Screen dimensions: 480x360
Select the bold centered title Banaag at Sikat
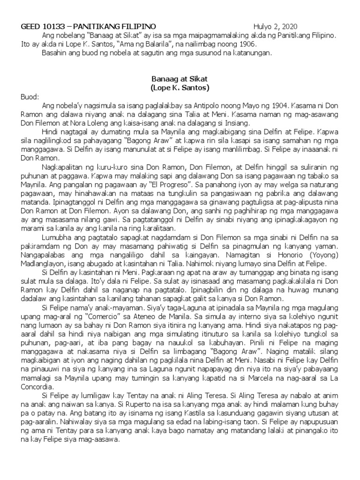[180, 79]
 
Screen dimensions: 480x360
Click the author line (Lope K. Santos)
[180, 88]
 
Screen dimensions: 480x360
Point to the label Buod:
[30, 97]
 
